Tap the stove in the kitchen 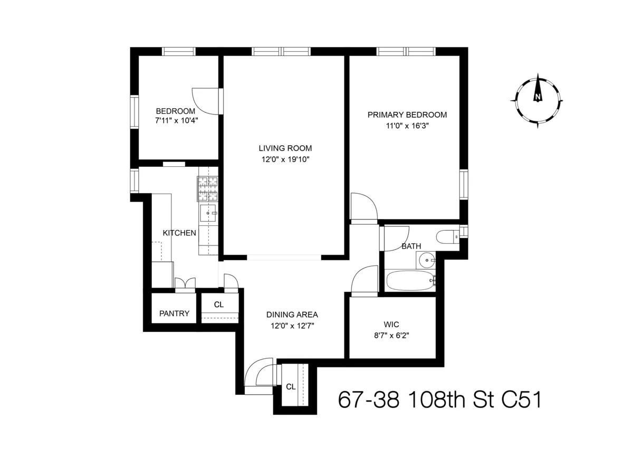208,189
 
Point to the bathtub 410,281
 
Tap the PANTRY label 174,313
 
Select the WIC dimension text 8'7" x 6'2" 391,334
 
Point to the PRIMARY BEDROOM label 407,115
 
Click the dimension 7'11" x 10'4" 176,121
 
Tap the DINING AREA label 292,315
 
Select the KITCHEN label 179,233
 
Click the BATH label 411,246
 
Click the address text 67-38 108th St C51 439,400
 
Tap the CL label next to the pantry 218,305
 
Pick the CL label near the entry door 290,386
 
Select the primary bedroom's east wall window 464,185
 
